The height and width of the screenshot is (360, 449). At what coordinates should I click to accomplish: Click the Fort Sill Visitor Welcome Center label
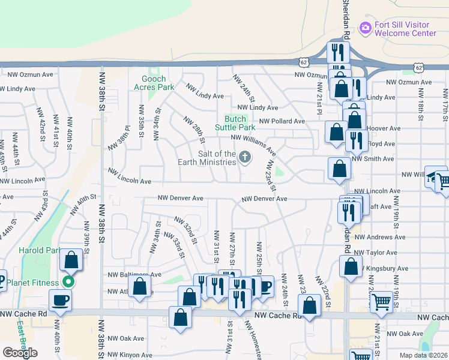click(x=403, y=29)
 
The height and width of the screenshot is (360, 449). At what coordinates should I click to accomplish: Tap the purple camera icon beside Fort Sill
click(x=364, y=28)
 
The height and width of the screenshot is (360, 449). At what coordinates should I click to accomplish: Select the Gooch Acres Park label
click(x=158, y=83)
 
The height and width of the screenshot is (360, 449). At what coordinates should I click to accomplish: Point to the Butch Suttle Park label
click(x=240, y=123)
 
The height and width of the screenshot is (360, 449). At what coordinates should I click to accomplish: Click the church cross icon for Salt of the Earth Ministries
click(x=244, y=157)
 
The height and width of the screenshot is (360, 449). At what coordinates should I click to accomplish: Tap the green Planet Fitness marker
click(x=70, y=282)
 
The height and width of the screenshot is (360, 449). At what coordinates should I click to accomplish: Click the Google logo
click(x=20, y=353)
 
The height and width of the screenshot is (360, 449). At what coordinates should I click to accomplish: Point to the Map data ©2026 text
click(x=424, y=355)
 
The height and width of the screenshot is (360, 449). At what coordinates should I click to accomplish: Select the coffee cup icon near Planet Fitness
click(x=61, y=299)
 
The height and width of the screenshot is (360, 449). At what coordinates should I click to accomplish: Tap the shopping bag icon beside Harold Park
click(x=71, y=260)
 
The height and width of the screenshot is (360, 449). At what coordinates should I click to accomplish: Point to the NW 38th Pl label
click(x=119, y=139)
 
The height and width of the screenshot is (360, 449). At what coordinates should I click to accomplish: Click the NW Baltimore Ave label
click(x=134, y=275)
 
